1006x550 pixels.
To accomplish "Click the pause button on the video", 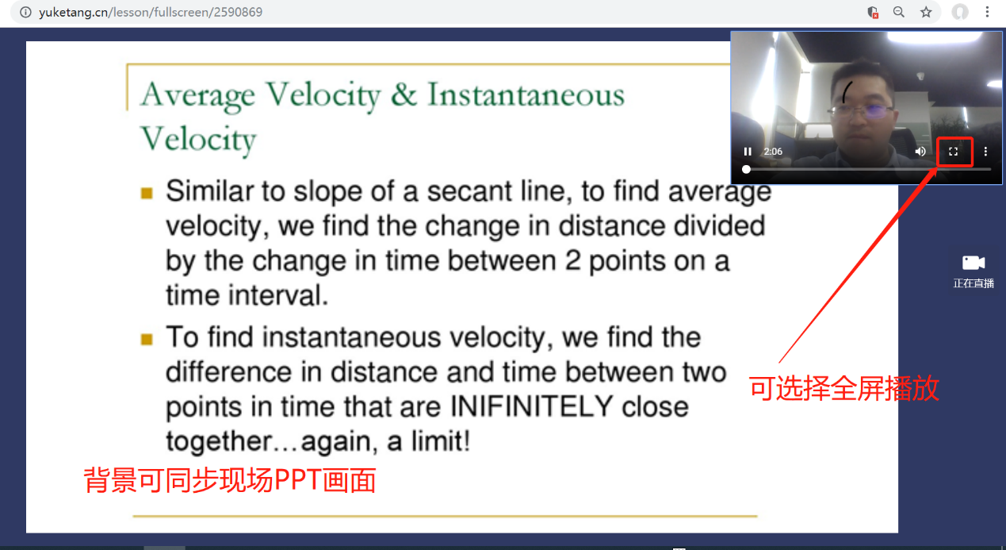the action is click(x=748, y=152).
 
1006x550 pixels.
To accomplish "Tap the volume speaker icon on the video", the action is click(x=920, y=152).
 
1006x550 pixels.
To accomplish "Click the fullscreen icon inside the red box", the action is click(x=954, y=152).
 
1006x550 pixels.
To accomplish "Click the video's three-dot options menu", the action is click(x=986, y=152).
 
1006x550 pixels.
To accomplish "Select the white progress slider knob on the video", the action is click(x=747, y=170).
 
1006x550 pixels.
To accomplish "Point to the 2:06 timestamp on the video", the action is click(x=773, y=152).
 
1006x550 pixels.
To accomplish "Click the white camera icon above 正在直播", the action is click(x=973, y=263).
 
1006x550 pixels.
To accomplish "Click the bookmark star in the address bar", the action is click(x=926, y=12).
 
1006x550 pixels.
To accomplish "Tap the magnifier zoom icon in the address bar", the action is click(x=899, y=12).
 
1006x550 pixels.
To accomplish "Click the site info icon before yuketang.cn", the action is click(x=25, y=12).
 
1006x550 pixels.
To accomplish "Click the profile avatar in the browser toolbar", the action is click(x=960, y=12).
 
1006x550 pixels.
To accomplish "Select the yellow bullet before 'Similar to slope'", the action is click(x=147, y=194).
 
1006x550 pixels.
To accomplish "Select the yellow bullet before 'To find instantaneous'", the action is click(x=147, y=339).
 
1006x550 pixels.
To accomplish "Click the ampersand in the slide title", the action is click(x=404, y=95).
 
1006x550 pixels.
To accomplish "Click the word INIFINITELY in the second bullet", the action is click(x=531, y=406).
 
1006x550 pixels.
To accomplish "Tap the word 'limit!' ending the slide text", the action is click(x=441, y=440).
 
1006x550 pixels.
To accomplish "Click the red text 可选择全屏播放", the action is click(x=844, y=388).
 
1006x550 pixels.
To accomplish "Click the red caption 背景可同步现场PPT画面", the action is click(x=230, y=480).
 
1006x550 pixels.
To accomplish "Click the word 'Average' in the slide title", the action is click(x=197, y=95).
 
